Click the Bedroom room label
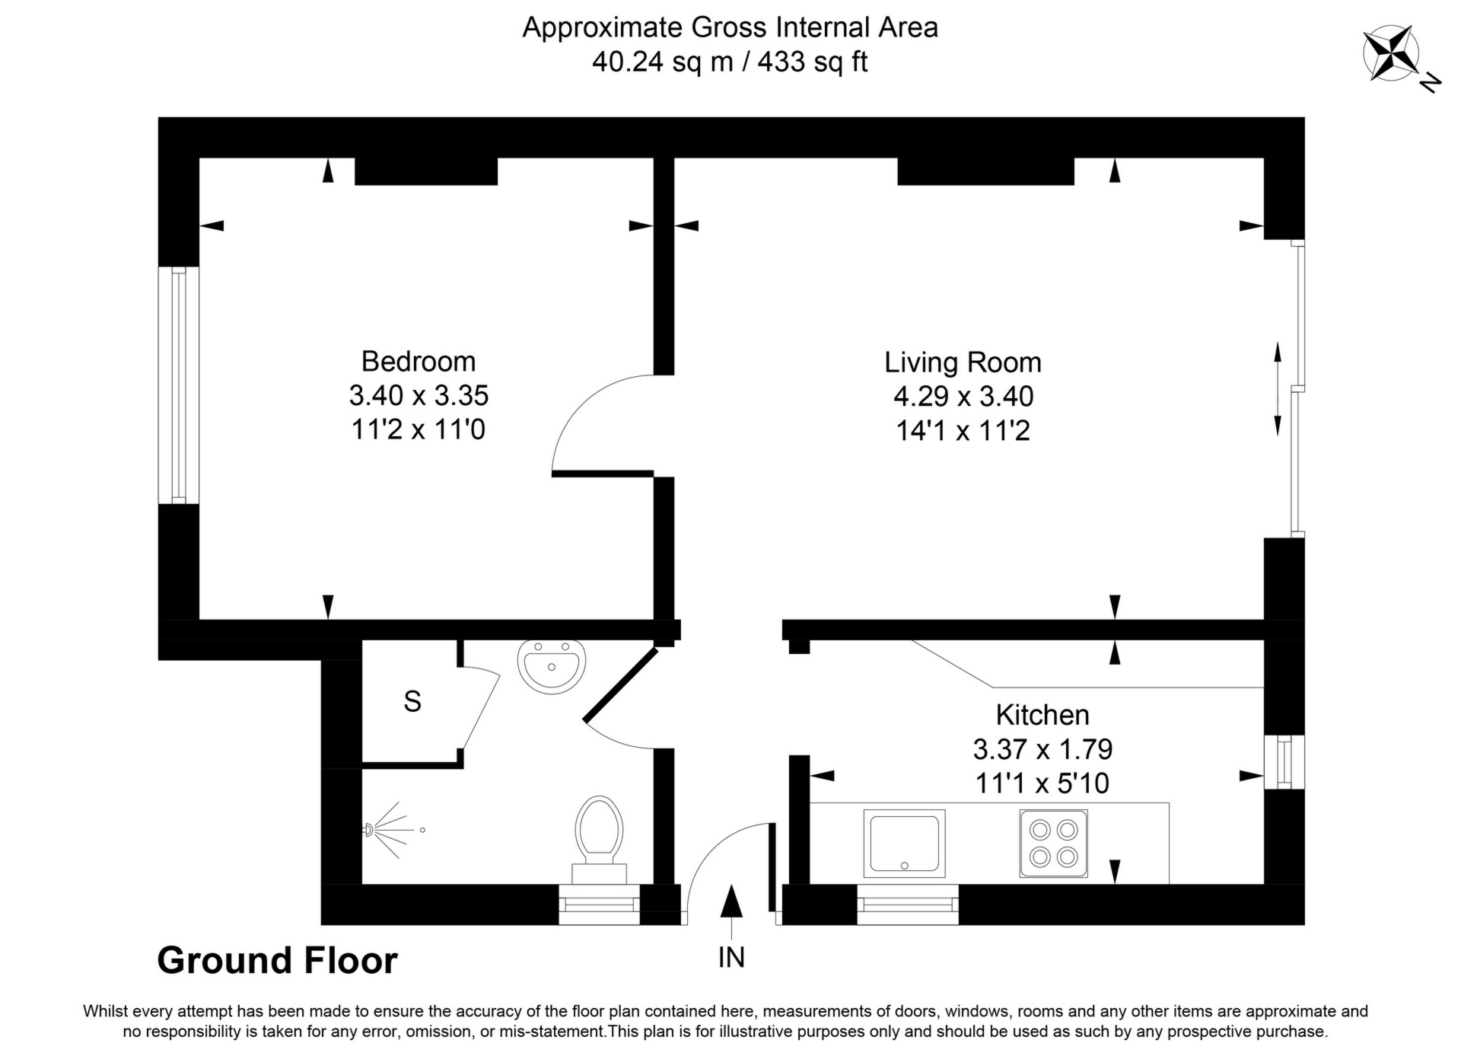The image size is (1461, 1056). point(418,361)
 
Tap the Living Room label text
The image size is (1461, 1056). point(962,362)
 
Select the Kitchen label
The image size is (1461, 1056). point(1042,715)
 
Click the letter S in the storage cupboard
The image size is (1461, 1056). point(412,701)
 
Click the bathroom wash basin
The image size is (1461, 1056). point(552,666)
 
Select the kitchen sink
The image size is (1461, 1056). point(904,843)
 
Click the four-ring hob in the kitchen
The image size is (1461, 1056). point(1053,843)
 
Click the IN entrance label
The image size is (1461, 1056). point(731,958)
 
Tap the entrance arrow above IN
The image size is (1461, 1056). point(731,904)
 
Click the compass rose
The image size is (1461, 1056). point(1391,53)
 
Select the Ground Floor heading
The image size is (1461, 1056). point(277,961)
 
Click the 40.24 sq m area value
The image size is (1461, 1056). point(661,62)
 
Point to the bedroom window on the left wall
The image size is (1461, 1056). point(179,384)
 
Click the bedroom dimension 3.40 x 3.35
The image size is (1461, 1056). point(418,396)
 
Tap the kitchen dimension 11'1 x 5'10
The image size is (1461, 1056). point(1042,783)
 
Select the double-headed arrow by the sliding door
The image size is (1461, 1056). point(1278,388)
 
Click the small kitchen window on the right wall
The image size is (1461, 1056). point(1284,762)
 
